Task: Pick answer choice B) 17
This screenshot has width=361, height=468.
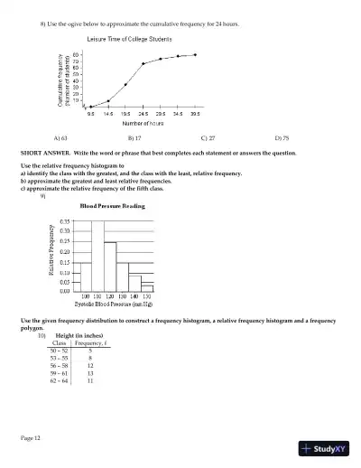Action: tap(135, 138)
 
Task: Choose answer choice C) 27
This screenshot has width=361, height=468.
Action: tap(207, 138)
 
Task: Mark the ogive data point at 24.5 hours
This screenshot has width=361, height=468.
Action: tap(143, 64)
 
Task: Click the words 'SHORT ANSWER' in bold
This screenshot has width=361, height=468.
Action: tap(42, 154)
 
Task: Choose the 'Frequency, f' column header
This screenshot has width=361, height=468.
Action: tap(90, 342)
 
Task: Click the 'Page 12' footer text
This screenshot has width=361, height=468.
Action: tap(31, 438)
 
